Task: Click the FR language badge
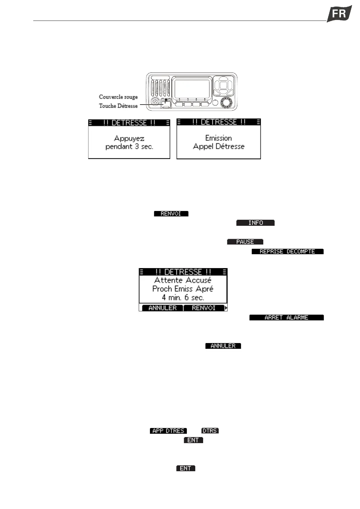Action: coord(339,14)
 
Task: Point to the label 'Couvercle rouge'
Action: coord(118,97)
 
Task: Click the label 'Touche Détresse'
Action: coord(118,106)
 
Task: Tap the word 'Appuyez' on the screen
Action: coord(129,138)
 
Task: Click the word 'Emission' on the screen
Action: coord(219,138)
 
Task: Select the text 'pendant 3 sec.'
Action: coord(129,147)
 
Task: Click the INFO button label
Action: coord(255,223)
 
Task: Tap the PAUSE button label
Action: coord(245,242)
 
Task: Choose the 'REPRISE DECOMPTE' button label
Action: coord(287,251)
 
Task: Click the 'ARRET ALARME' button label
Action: coord(286,318)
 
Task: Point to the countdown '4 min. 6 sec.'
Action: coord(183,297)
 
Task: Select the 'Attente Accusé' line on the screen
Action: coord(183,280)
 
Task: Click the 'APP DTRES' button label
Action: coord(168,431)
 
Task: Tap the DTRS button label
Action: coord(210,431)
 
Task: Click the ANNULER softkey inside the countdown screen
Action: coord(162,308)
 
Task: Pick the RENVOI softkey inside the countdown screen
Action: coord(204,308)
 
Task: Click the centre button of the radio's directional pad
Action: coord(223,85)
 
